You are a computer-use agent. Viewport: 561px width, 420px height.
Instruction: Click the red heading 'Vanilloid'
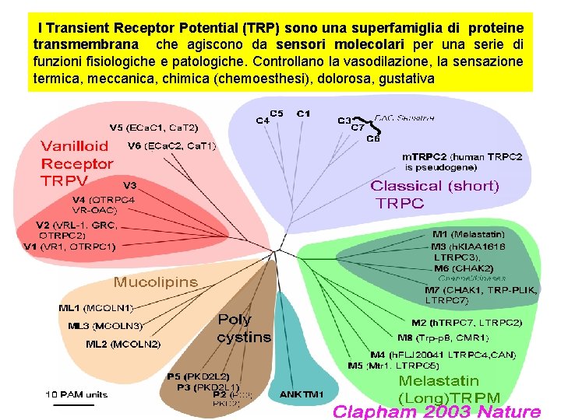(x=75, y=146)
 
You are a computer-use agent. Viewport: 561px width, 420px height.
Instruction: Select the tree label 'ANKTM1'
(x=301, y=394)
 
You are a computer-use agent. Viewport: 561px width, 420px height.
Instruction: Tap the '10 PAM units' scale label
(x=76, y=394)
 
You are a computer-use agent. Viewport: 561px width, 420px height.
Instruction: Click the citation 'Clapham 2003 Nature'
(x=436, y=411)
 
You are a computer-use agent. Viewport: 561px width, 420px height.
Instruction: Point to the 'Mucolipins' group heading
(x=156, y=282)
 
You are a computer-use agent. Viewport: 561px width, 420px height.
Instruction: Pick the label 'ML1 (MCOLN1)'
(x=97, y=308)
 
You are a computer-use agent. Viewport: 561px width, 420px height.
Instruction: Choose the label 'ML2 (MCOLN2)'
(x=123, y=344)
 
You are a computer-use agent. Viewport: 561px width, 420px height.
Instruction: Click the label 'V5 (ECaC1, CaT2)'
(x=153, y=128)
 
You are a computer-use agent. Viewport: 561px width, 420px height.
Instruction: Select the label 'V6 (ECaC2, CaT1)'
(x=171, y=145)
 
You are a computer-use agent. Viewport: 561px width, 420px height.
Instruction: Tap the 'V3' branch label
(x=130, y=185)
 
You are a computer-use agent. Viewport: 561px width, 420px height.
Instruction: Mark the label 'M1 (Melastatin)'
(x=468, y=234)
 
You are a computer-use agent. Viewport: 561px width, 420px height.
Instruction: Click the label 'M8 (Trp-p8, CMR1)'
(x=443, y=338)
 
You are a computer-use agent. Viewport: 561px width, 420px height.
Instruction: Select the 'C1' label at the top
(x=303, y=114)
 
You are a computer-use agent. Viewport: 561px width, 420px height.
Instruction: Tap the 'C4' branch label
(x=263, y=121)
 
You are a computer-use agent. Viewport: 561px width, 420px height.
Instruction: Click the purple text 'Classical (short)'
(x=434, y=186)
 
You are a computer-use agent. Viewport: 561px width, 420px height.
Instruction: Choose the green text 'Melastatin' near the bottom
(x=439, y=381)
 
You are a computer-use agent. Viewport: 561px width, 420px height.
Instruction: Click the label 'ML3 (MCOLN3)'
(x=105, y=326)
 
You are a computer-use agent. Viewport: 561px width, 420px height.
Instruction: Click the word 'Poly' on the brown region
(x=235, y=319)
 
